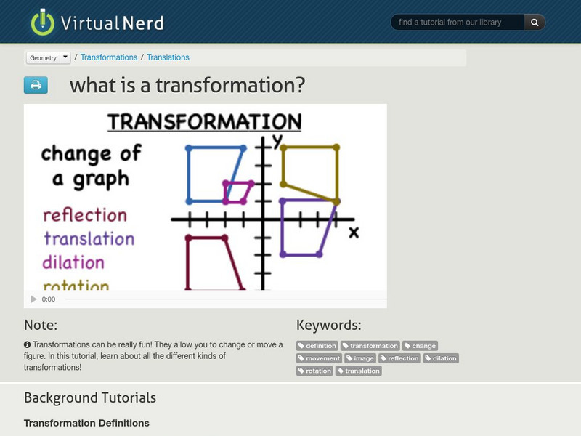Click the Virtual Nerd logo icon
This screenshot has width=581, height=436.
click(43, 22)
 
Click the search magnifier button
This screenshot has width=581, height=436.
click(535, 23)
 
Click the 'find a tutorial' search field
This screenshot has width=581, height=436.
click(458, 23)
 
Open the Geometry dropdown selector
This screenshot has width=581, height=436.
click(48, 57)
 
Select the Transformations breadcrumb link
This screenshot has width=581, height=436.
click(109, 57)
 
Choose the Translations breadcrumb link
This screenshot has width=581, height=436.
click(168, 57)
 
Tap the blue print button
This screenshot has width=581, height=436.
click(36, 85)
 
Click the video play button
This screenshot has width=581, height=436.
click(33, 299)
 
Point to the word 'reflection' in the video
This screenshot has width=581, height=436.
click(85, 215)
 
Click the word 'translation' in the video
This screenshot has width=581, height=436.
click(89, 238)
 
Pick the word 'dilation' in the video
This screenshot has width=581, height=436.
click(73, 262)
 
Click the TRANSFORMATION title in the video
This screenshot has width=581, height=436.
click(205, 121)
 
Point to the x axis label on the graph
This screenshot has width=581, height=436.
click(354, 233)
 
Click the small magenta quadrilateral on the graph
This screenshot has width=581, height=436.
click(238, 193)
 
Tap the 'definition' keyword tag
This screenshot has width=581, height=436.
click(317, 346)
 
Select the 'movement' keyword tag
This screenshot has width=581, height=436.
click(319, 358)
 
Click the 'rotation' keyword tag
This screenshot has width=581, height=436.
click(314, 371)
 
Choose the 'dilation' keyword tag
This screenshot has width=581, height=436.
click(441, 358)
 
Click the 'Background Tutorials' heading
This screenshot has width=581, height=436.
click(90, 397)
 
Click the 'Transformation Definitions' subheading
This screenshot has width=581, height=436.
click(86, 423)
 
